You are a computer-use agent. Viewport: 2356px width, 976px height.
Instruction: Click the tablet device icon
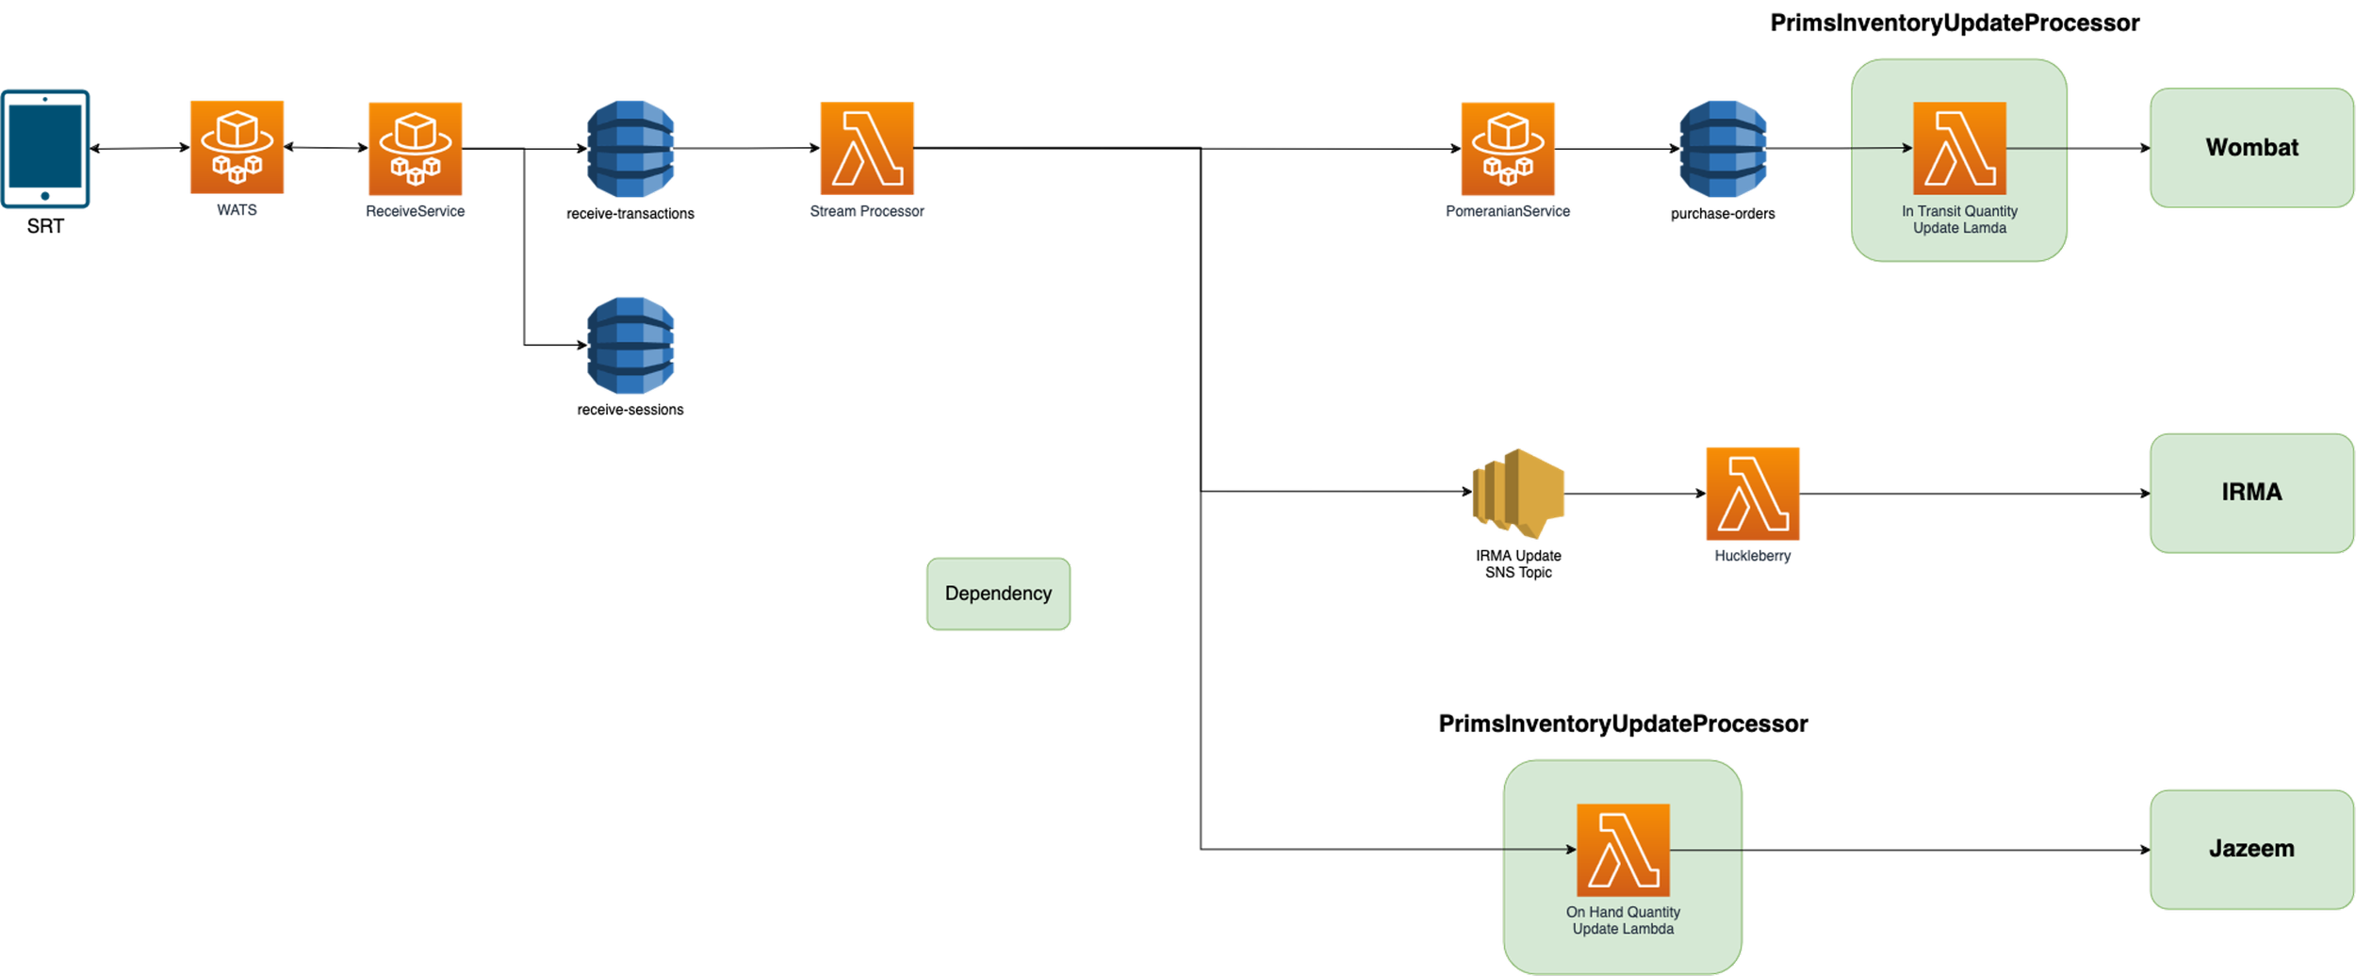pyautogui.click(x=45, y=148)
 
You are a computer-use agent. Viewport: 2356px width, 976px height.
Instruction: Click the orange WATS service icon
pyautogui.click(x=237, y=148)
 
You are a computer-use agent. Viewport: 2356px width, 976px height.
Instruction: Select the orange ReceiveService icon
pyautogui.click(x=415, y=149)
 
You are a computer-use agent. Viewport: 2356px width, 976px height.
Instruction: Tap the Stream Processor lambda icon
pyautogui.click(x=867, y=149)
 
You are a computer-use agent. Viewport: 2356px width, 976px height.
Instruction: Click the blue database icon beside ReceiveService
pyautogui.click(x=630, y=149)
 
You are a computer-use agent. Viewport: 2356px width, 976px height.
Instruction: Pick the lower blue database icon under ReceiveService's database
pyautogui.click(x=630, y=346)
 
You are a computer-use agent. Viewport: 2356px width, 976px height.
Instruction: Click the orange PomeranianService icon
pyautogui.click(x=1508, y=149)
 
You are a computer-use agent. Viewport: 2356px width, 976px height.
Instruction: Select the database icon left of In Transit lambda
pyautogui.click(x=1723, y=149)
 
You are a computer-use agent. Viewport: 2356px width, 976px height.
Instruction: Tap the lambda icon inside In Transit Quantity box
pyautogui.click(x=1959, y=149)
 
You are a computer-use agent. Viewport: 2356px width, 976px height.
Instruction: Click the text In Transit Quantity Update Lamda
pyautogui.click(x=1959, y=220)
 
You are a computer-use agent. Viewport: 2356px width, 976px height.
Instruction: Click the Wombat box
pyautogui.click(x=2251, y=148)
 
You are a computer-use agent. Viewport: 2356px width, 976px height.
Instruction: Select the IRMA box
pyautogui.click(x=2251, y=492)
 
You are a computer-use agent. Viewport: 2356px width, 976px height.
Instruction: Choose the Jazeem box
pyautogui.click(x=2251, y=849)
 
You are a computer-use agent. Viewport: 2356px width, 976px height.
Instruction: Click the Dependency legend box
pyautogui.click(x=998, y=594)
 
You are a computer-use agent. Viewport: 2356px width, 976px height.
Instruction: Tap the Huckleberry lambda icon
pyautogui.click(x=1753, y=494)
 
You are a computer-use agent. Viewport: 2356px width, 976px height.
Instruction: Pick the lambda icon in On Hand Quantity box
pyautogui.click(x=1623, y=850)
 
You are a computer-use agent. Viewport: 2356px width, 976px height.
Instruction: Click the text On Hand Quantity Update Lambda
pyautogui.click(x=1623, y=920)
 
